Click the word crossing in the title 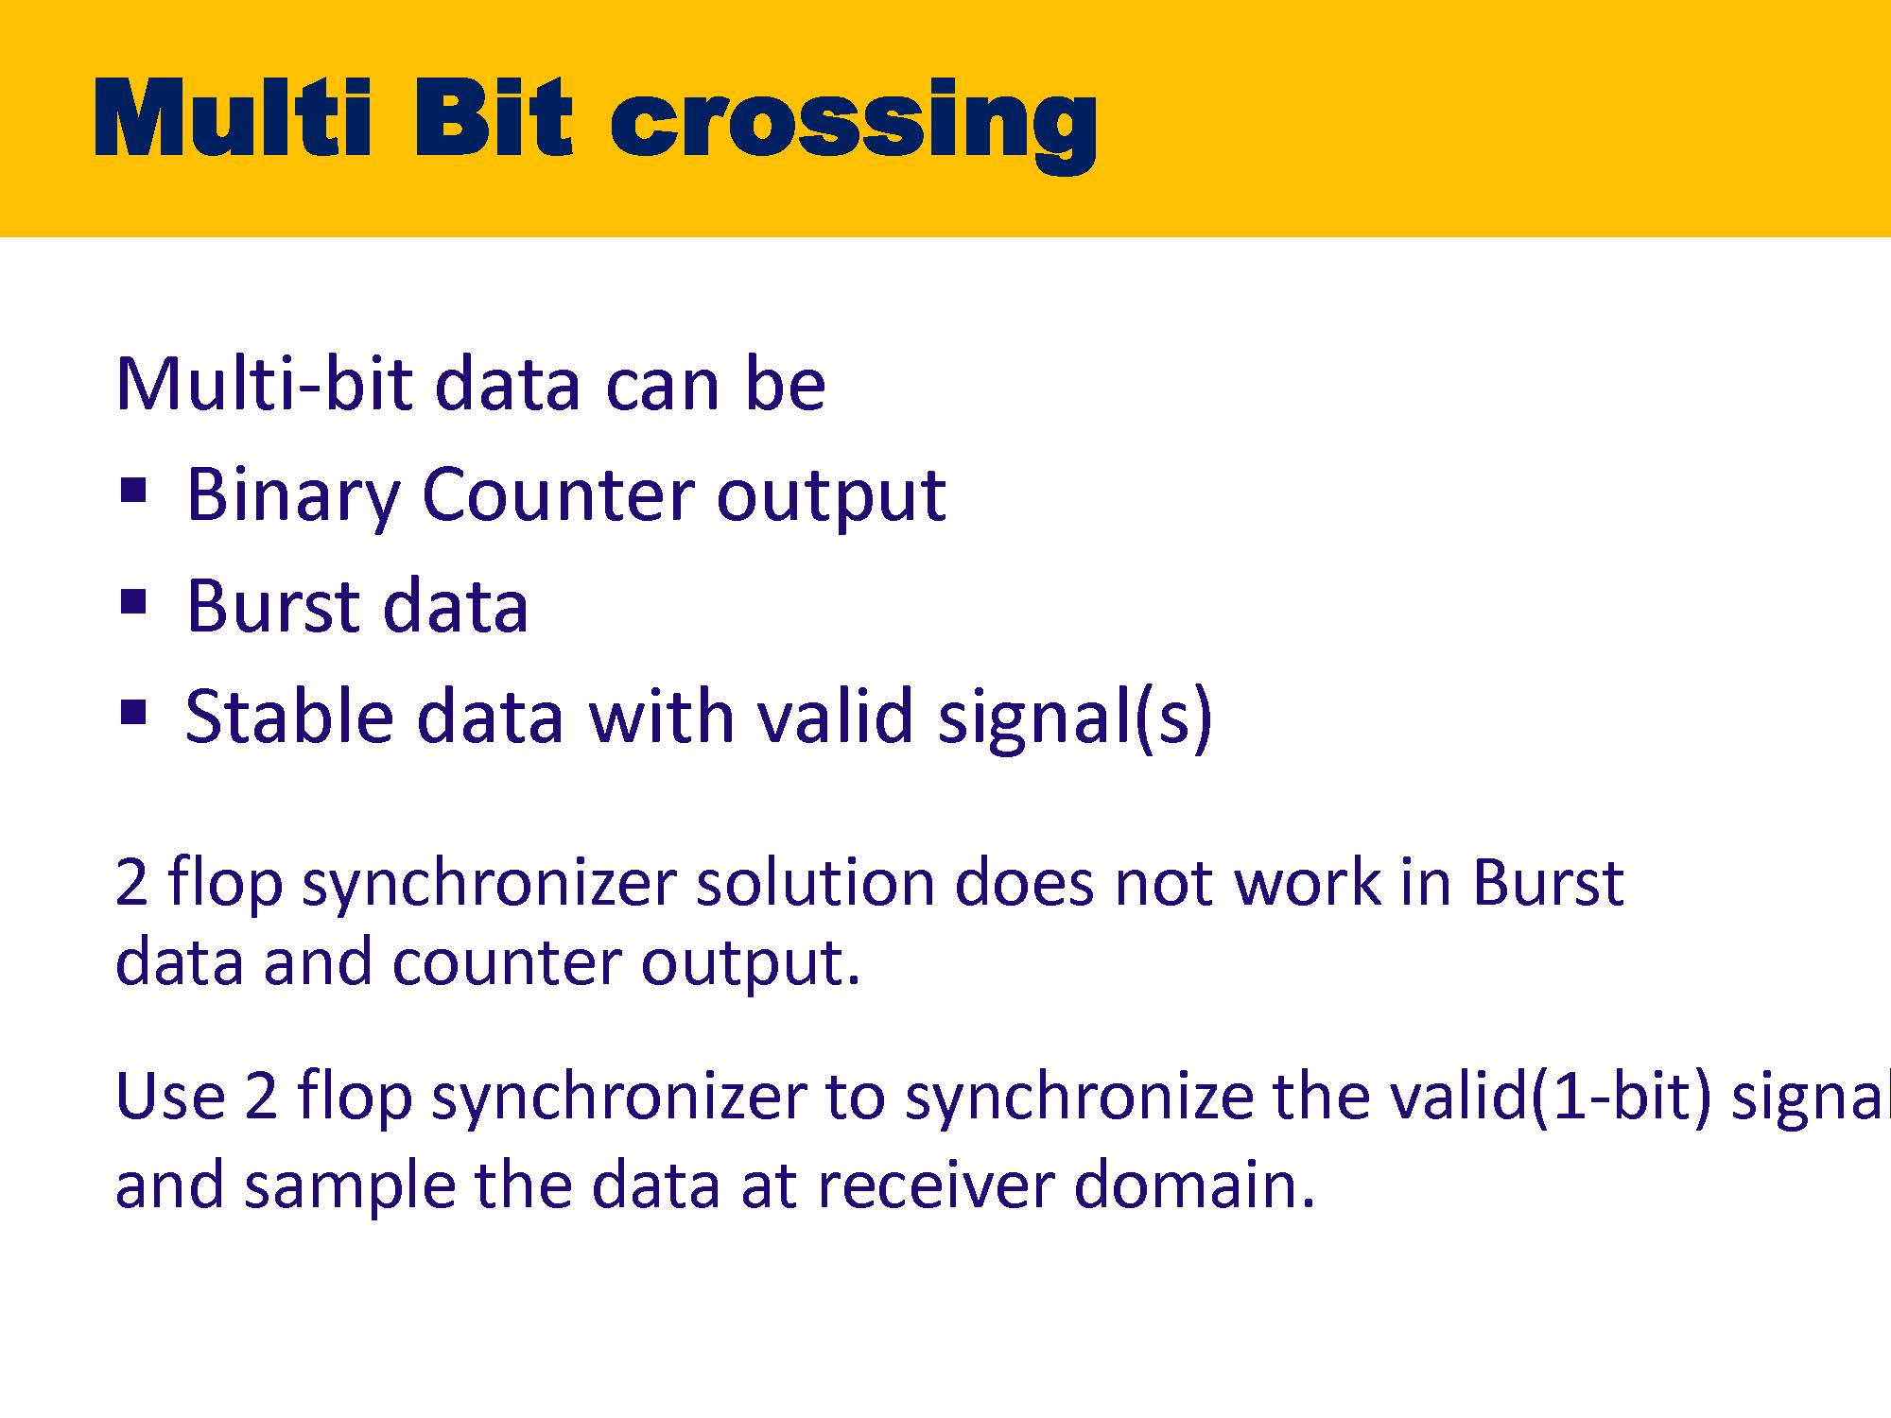[853, 123]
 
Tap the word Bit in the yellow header [492, 117]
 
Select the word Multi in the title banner [233, 117]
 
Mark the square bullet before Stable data [134, 712]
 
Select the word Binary [293, 497]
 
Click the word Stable [288, 716]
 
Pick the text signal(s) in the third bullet [1075, 718]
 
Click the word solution [815, 883]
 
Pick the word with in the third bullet [661, 716]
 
